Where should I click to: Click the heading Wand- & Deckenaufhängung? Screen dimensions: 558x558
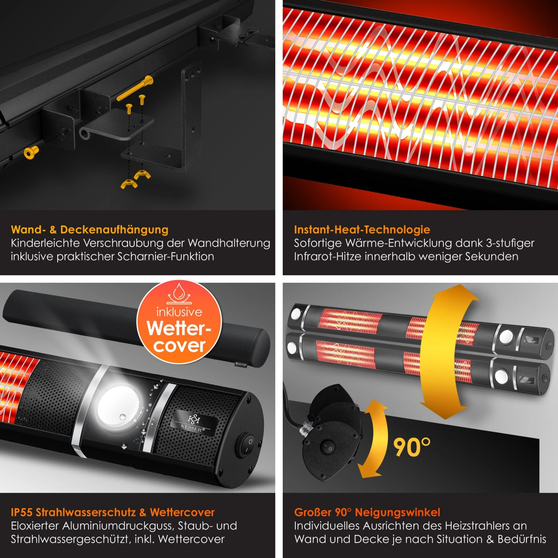tap(90, 230)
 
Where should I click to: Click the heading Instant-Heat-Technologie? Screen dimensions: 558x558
tap(362, 230)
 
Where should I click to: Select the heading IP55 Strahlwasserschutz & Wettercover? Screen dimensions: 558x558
tap(113, 512)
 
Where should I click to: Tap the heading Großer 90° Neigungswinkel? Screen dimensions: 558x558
tap(367, 512)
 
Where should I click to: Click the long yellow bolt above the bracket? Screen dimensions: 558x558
tap(135, 89)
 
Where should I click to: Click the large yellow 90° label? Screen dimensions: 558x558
tap(411, 446)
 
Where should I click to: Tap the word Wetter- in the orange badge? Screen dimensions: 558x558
tap(179, 328)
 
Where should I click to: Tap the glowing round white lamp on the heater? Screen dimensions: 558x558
tap(118, 406)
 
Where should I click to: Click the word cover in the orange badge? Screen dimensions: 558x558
tap(179, 346)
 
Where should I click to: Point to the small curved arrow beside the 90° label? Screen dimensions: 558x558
tap(374, 439)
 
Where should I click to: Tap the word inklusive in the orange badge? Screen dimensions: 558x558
tap(179, 312)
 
